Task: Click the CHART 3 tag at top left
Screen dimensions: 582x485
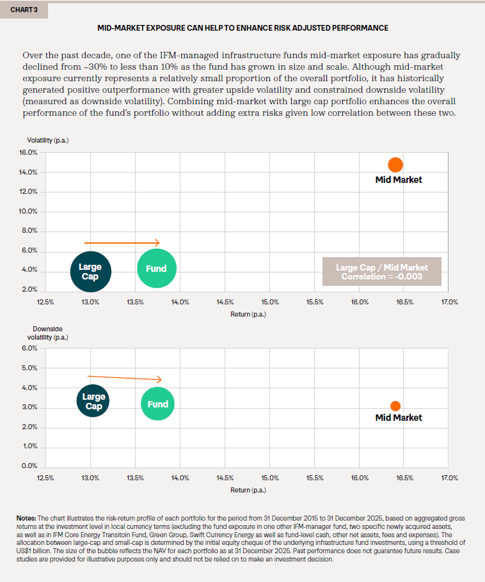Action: point(23,10)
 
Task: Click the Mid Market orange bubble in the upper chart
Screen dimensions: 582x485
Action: point(395,164)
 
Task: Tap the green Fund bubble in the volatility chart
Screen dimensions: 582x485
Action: point(157,269)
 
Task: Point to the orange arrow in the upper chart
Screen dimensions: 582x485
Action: point(122,242)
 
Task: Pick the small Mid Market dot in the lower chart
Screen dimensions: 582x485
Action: point(395,406)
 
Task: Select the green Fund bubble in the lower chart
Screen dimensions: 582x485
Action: point(157,404)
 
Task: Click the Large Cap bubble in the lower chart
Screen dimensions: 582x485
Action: point(93,401)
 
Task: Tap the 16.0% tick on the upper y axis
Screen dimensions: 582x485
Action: point(28,153)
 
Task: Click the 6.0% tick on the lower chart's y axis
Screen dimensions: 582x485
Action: point(29,349)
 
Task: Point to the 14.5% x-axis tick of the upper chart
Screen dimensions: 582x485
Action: point(225,302)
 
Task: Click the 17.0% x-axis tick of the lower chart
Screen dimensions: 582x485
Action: point(449,478)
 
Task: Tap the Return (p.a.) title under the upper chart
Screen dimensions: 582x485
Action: point(248,314)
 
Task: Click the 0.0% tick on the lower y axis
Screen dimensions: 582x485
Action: point(29,466)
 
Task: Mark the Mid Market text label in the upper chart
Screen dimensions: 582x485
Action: point(398,180)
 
